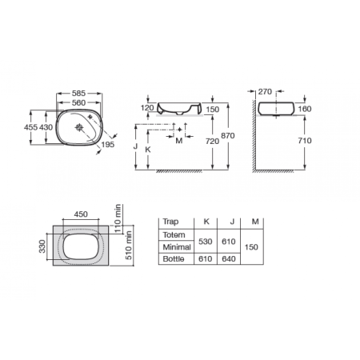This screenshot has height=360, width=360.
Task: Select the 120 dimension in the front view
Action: click(146, 106)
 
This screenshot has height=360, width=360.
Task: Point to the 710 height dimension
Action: click(302, 139)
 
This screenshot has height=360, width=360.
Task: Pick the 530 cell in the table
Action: click(206, 242)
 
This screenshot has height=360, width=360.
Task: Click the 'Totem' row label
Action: click(174, 235)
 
